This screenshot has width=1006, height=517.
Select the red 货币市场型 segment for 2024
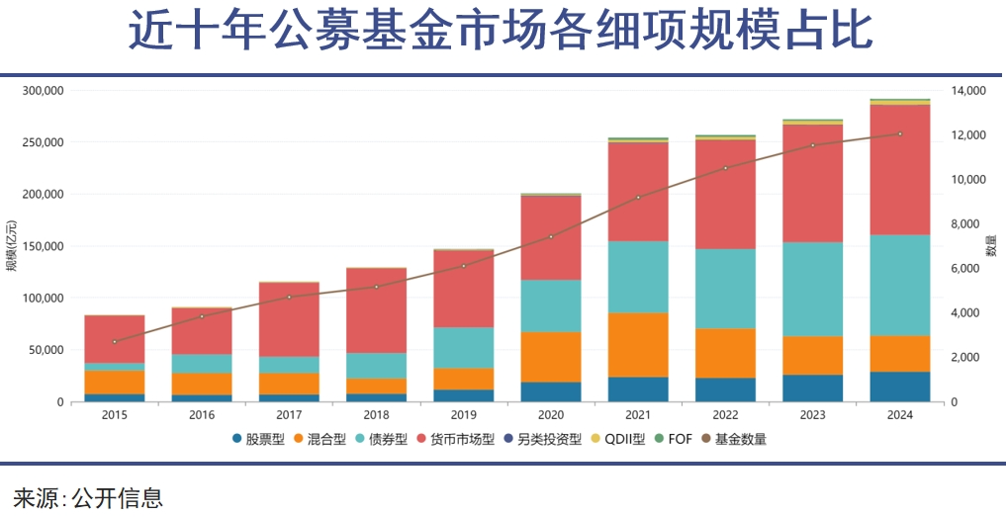[899, 169]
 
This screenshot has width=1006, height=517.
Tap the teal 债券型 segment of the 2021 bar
[638, 277]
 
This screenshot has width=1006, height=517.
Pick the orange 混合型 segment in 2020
[551, 357]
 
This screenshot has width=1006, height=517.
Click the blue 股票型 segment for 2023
[812, 388]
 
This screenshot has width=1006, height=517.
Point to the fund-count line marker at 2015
[115, 342]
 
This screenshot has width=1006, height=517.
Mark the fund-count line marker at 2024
[899, 133]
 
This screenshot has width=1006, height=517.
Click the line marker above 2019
[464, 266]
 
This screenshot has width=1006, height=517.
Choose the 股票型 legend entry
[259, 439]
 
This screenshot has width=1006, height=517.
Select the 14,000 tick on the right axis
[969, 91]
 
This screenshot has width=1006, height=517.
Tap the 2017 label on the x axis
[290, 415]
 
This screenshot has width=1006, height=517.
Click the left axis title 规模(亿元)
[12, 246]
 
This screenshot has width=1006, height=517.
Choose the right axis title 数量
[991, 246]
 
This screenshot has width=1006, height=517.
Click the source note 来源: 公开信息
[88, 496]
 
